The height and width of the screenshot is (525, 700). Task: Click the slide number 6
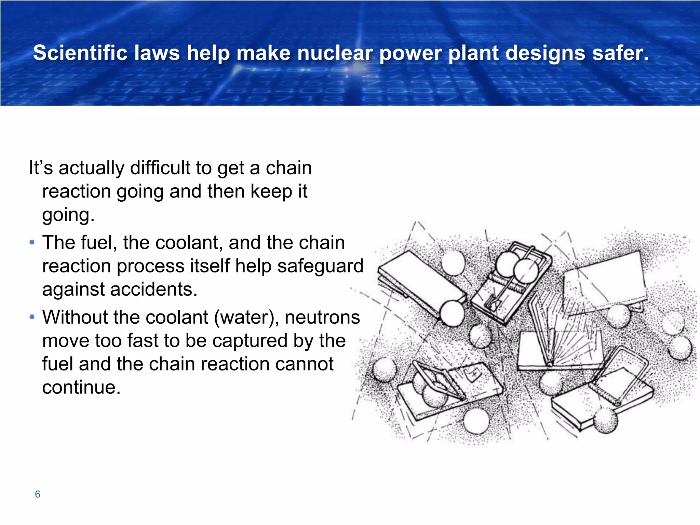coord(38,494)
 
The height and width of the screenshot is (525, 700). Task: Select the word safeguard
coord(320,266)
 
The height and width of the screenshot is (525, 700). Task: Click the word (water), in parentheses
coord(246,317)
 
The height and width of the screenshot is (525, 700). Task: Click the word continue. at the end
coord(81,387)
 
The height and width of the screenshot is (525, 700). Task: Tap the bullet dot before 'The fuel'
coord(32,243)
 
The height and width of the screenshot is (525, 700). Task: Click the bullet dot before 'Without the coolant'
coord(32,317)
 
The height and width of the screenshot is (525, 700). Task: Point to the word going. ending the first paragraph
coord(68,215)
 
